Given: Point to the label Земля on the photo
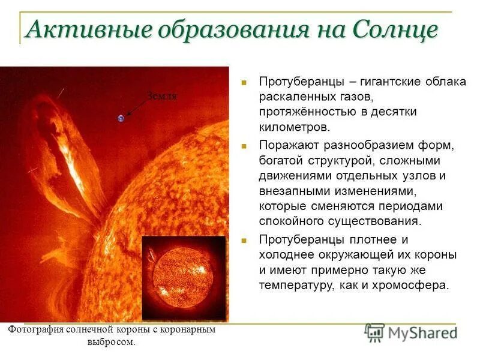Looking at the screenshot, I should [162, 97].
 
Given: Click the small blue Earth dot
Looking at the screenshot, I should [121, 118].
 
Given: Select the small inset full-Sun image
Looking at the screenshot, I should [184, 278].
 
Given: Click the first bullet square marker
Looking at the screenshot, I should [244, 81].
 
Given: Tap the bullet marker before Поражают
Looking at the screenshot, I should [244, 146].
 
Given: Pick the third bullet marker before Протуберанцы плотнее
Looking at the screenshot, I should [244, 240].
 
